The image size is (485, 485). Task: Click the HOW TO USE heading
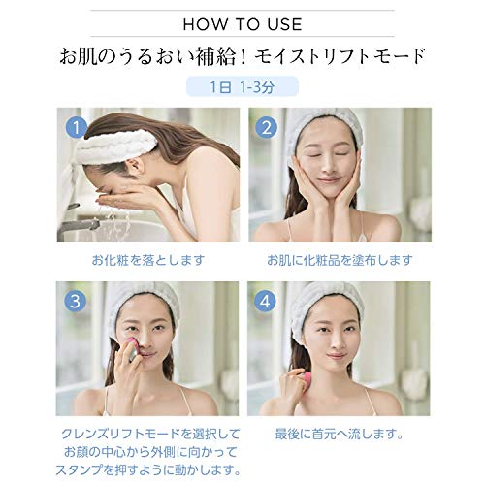tap(242, 21)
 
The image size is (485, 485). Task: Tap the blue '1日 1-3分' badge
tap(242, 85)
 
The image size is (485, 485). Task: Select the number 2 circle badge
tap(267, 126)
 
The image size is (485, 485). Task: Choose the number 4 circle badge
tap(267, 300)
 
